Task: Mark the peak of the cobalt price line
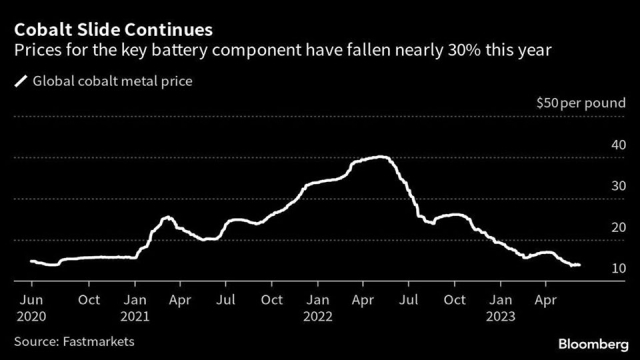378,157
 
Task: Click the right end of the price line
580,265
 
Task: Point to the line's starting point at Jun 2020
30,261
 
